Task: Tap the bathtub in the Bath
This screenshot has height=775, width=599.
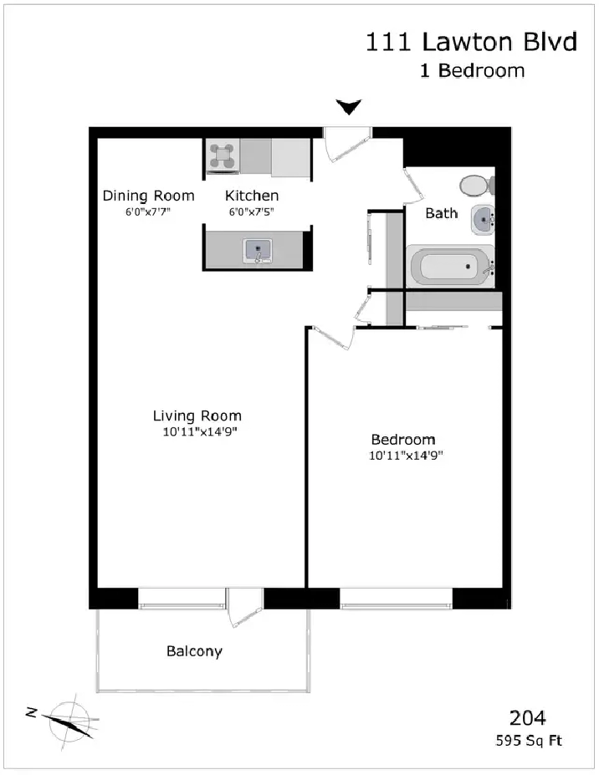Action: [x=450, y=267]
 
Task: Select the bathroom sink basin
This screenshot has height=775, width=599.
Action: [x=482, y=219]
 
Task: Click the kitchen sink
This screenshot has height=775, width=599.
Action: [x=257, y=251]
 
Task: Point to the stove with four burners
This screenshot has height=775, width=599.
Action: [x=222, y=156]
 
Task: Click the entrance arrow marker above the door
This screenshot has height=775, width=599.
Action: [x=349, y=107]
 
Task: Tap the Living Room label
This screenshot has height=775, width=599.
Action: [x=197, y=416]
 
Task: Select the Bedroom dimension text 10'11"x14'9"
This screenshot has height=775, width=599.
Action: [x=406, y=456]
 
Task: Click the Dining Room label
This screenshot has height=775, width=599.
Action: [x=148, y=196]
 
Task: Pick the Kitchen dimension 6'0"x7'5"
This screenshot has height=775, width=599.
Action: [x=251, y=212]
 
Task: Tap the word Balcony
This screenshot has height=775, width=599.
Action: [x=194, y=651]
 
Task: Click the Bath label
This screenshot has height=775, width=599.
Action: [x=441, y=213]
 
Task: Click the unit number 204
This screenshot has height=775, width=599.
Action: [x=528, y=717]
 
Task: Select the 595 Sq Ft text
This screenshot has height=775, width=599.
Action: [x=529, y=741]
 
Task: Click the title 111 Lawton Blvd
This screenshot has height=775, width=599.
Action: [x=471, y=42]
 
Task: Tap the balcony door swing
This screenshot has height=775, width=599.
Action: [x=244, y=608]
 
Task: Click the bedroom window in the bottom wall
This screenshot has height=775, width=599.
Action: [x=397, y=599]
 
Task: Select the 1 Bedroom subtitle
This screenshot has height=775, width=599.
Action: [x=473, y=70]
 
